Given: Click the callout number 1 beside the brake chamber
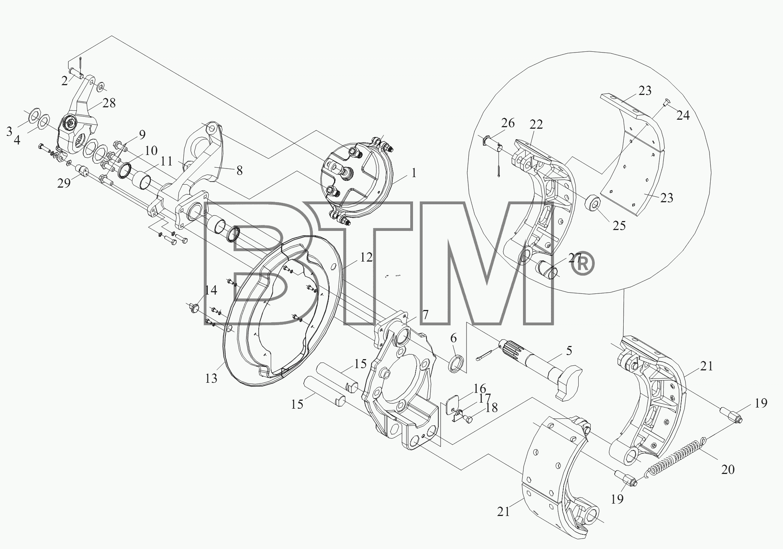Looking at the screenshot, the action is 414,173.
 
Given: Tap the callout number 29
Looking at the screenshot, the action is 64,183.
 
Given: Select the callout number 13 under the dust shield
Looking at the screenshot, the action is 211,378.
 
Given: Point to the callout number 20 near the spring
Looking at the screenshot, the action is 728,469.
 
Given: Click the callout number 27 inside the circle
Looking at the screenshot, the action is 574,258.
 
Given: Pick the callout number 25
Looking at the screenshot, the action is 619,226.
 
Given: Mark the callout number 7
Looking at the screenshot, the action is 425,314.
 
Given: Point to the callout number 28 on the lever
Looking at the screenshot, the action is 109,103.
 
